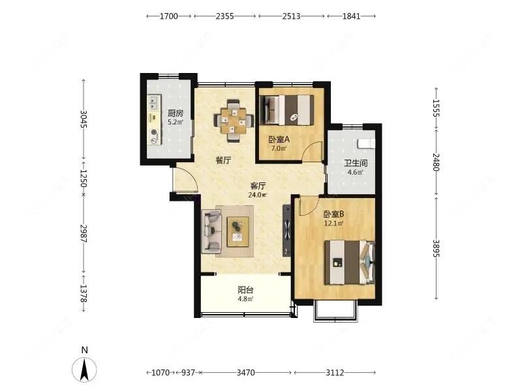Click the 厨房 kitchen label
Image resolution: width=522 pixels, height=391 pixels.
(176, 113)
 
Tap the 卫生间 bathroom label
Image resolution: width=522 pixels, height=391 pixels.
(356, 163)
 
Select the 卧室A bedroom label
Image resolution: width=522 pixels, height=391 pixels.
(279, 139)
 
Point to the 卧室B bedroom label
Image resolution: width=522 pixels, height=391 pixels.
(334, 214)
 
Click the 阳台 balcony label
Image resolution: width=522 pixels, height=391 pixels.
(245, 290)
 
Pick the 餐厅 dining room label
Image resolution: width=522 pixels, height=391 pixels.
(223, 160)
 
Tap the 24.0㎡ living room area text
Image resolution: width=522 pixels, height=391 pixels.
(258, 195)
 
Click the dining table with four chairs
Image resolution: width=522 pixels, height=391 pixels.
(234, 121)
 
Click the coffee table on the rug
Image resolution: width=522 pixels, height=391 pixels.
(238, 232)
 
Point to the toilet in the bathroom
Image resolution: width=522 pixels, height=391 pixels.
(366, 143)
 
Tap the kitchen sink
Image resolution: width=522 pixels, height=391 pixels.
(153, 103)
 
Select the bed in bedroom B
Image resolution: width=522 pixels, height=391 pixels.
(350, 263)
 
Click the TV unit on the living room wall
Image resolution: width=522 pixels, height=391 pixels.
(286, 231)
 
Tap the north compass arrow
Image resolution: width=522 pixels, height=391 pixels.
(85, 369)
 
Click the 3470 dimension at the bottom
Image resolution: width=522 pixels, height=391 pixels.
(246, 373)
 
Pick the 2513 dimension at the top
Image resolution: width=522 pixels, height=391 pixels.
(291, 16)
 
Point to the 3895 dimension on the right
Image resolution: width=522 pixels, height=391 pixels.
(436, 248)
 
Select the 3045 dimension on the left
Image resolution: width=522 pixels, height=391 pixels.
(84, 119)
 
